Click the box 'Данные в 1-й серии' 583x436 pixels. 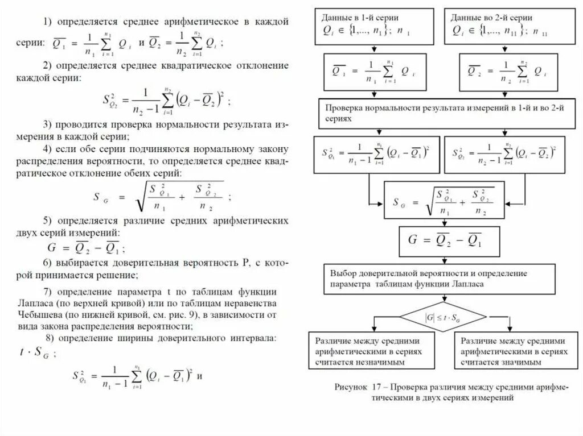375,26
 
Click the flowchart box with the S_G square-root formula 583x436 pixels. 438,200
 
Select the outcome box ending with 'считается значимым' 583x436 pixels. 515,350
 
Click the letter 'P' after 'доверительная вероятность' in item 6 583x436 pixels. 245,264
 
